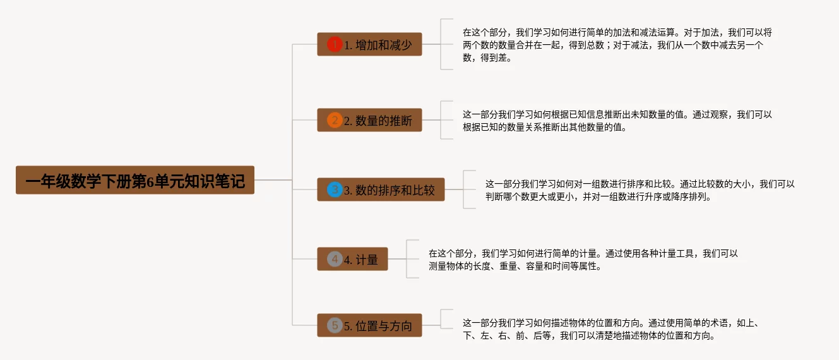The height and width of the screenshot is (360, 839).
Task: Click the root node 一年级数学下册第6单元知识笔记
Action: click(x=134, y=181)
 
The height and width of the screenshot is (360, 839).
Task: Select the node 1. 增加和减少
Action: click(x=369, y=44)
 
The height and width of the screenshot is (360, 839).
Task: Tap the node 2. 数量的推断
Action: click(x=369, y=120)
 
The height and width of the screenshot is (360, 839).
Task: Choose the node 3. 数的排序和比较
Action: click(x=381, y=189)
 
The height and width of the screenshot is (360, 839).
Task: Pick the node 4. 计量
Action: click(x=352, y=259)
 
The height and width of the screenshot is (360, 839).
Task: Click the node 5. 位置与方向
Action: click(x=369, y=325)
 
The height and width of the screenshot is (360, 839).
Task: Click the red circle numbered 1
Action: click(x=335, y=44)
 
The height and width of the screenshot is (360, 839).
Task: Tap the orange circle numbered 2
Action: click(x=335, y=120)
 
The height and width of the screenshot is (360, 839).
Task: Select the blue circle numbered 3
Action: click(x=335, y=189)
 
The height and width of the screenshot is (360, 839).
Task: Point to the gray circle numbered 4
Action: click(x=335, y=259)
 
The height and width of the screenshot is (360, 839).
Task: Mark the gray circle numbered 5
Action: click(x=335, y=325)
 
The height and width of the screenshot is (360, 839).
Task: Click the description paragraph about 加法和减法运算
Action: click(x=617, y=44)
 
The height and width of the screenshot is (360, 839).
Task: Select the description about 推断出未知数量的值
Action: click(x=617, y=120)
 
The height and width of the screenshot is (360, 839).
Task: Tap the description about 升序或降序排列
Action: click(x=639, y=189)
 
